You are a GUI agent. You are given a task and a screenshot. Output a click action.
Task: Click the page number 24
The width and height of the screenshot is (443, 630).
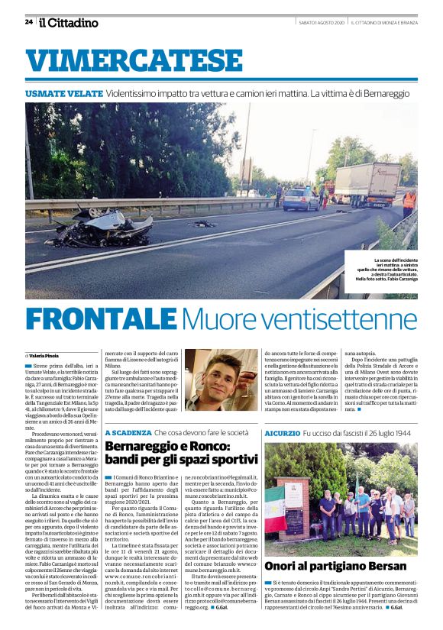pyautogui.click(x=29, y=22)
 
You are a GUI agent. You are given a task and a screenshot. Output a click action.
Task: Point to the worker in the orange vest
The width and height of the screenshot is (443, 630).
pyautogui.click(x=409, y=202)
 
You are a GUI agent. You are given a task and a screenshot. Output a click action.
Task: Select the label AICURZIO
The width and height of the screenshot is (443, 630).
pyautogui.click(x=282, y=433)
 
